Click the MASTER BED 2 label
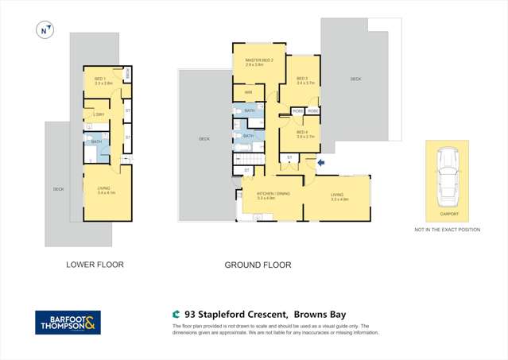point(259,61)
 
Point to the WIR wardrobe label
point(248,92)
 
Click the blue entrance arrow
point(320,163)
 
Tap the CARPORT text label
point(449,214)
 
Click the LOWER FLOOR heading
point(95,265)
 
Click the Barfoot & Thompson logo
point(68,321)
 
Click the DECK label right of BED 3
point(355,79)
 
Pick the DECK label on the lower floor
point(58,189)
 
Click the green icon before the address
point(176,315)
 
